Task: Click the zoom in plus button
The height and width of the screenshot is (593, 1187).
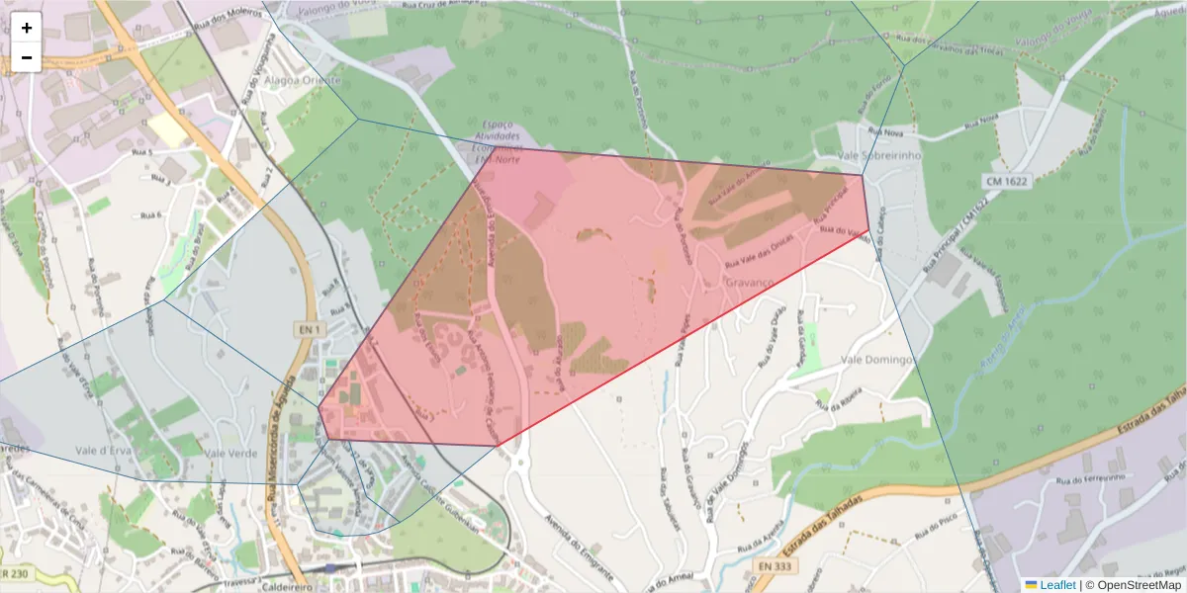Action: (x=27, y=27)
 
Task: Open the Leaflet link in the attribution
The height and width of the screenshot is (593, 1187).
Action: (x=1057, y=585)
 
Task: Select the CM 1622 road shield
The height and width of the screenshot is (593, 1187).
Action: (x=1007, y=182)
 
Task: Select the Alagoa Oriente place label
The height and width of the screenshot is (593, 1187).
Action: (x=308, y=80)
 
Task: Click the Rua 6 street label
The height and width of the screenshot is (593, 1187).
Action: (x=150, y=214)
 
